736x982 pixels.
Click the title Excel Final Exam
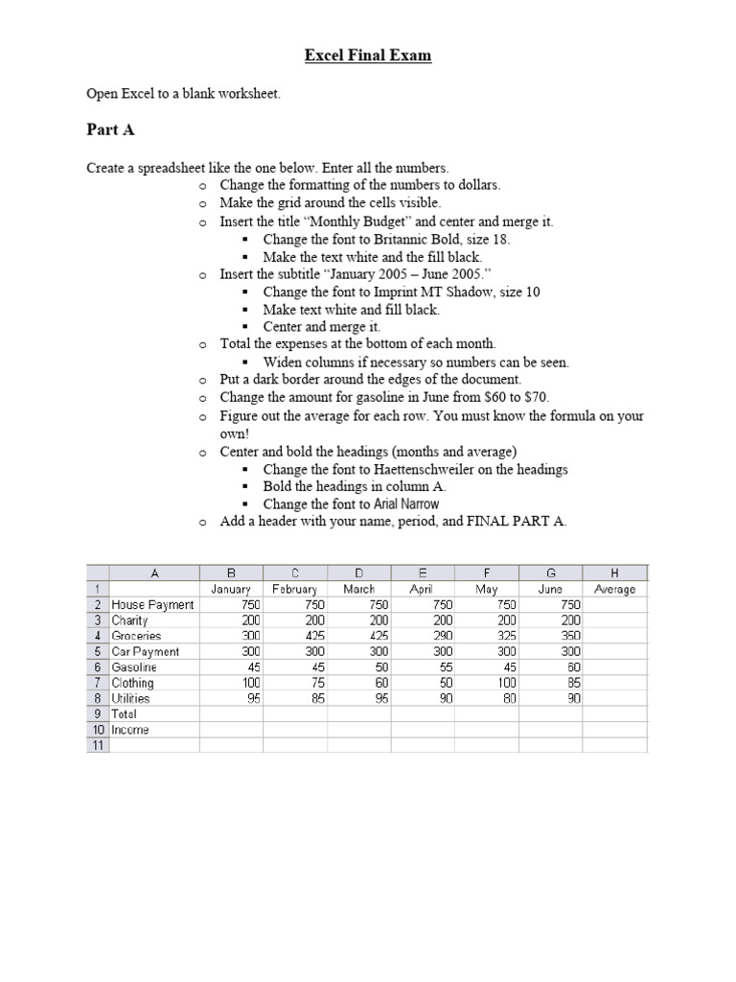click(368, 56)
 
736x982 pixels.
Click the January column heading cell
click(230, 589)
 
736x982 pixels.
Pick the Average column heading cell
click(614, 589)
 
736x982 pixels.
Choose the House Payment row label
click(152, 604)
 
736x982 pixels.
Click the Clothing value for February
click(314, 683)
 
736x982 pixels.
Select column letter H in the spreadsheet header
click(614, 573)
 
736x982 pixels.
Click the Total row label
click(125, 713)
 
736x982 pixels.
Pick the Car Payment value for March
click(378, 651)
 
